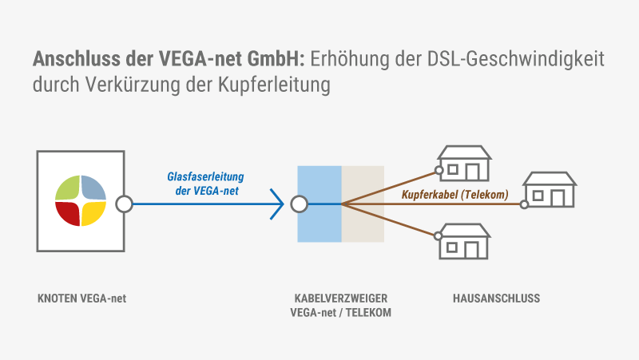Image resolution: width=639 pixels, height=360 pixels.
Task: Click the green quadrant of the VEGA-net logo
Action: coord(68,187)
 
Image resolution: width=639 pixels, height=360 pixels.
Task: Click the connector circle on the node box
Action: coord(124,204)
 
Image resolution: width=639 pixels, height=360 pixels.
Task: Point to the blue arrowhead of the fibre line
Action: coord(278,204)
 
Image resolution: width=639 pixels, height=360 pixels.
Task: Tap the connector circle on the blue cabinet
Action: coord(300,204)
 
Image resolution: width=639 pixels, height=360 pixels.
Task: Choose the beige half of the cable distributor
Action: coord(363,224)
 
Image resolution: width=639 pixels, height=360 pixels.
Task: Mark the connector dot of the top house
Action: coord(439,170)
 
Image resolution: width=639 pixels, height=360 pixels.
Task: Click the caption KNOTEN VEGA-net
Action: coord(82,299)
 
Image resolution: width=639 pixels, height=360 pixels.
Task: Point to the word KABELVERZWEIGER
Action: coord(340,299)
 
